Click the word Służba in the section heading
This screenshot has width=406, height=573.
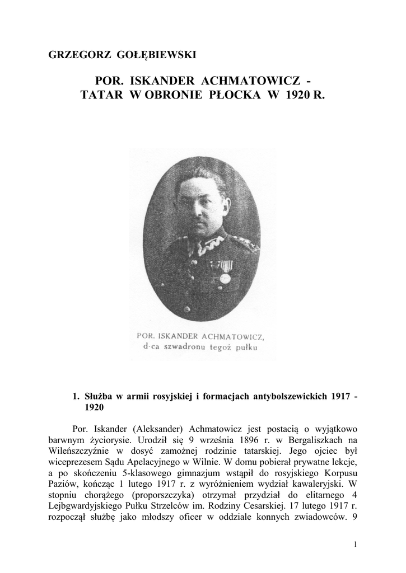[99, 397]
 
